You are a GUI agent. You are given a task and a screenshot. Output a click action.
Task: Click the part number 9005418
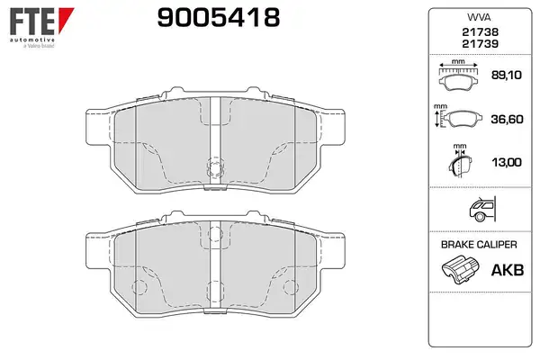click(x=219, y=18)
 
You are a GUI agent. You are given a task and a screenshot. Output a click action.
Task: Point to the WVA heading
click(x=479, y=17)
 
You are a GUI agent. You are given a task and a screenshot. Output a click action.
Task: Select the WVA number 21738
click(x=480, y=32)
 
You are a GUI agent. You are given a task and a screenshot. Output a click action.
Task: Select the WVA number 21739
click(x=480, y=44)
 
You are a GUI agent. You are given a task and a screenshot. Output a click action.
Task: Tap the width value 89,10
click(x=506, y=75)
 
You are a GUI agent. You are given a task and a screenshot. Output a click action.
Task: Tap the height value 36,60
click(x=507, y=119)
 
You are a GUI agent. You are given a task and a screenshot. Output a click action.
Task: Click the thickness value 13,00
click(x=507, y=162)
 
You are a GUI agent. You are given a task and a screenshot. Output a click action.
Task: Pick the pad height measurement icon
click(x=456, y=116)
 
